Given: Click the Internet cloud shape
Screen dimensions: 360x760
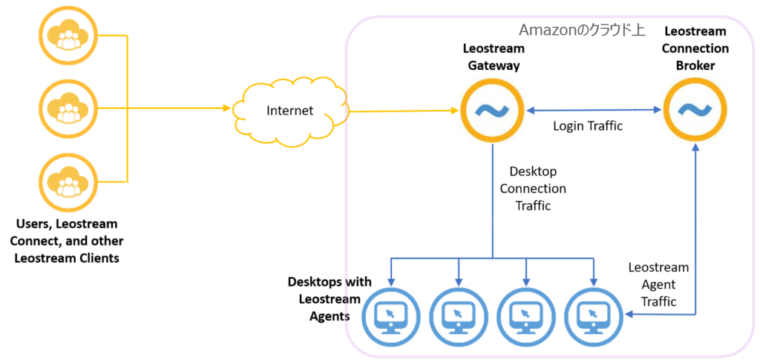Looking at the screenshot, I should tap(289, 111).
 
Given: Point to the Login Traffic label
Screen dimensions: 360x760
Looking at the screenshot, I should tap(587, 126).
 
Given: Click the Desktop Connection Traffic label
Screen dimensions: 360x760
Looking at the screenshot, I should tap(533, 189).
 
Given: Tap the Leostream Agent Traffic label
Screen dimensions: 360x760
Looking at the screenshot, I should tap(658, 284).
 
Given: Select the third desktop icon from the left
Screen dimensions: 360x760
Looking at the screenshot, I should tap(525, 315).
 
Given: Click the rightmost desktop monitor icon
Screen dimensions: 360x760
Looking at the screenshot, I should tap(593, 315).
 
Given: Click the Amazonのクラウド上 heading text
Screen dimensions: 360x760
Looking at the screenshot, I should tap(581, 30).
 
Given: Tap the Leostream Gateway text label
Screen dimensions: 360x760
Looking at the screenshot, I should tap(493, 57).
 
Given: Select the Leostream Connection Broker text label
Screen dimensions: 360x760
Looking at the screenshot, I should tap(695, 48).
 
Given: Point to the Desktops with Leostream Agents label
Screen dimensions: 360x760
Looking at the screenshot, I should tap(324, 299).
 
